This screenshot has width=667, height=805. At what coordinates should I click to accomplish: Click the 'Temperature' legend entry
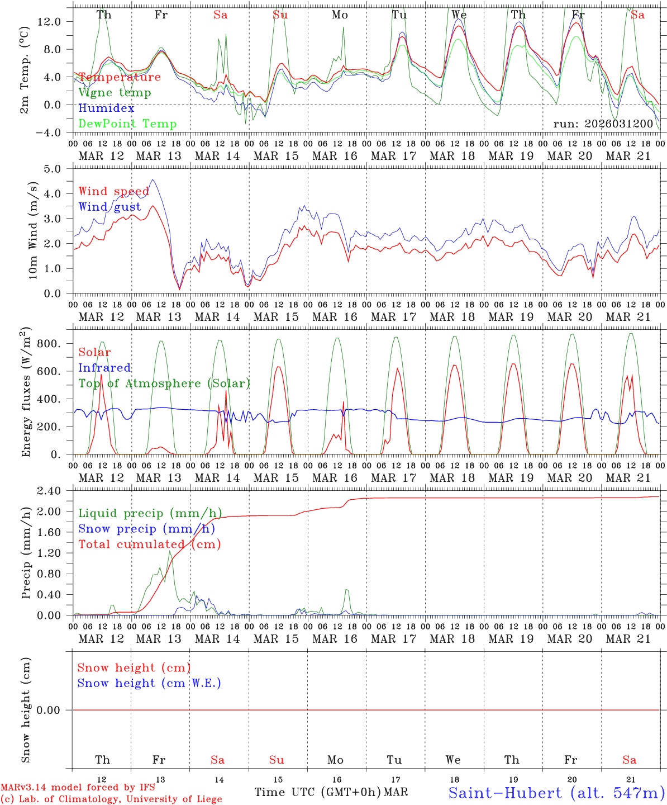120,77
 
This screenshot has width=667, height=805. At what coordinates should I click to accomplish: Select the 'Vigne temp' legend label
115,93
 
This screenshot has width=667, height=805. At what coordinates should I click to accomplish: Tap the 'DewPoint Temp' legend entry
127,124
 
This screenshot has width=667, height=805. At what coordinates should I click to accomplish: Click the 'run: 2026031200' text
603,124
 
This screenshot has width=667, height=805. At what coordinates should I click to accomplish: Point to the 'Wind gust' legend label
109,207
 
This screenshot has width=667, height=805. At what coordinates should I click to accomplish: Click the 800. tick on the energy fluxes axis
48,343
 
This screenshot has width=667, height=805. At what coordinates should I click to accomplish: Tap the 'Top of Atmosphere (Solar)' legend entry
164,383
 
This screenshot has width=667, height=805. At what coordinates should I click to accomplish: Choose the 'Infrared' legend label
104,368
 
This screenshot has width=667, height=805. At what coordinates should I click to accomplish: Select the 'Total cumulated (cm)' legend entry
150,544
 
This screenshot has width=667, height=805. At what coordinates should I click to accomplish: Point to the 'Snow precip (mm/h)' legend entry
146,529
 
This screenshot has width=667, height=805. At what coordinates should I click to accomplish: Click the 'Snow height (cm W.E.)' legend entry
149,683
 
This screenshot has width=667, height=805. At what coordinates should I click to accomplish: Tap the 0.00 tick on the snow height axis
54,710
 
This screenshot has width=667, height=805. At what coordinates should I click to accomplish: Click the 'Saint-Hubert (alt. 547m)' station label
556,793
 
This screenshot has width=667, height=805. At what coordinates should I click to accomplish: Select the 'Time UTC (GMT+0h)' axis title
318,792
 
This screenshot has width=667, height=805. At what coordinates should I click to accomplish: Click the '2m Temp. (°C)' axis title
25,69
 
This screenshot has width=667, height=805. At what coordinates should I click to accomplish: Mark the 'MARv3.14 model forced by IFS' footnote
78,787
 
